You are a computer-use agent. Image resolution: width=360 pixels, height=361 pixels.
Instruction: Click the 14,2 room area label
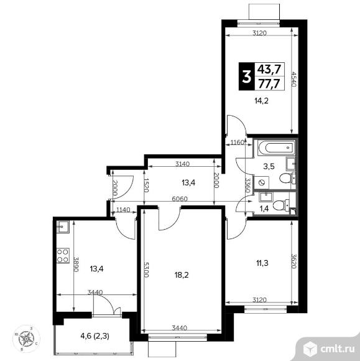click(x=262, y=101)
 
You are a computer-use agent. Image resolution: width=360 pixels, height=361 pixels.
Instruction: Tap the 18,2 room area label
click(x=182, y=274)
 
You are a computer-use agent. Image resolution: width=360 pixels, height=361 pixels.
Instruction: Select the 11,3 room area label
click(x=262, y=263)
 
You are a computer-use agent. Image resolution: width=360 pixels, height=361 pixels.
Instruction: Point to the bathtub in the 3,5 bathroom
click(x=276, y=147)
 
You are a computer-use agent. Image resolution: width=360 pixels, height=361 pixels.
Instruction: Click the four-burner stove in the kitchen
click(x=63, y=255)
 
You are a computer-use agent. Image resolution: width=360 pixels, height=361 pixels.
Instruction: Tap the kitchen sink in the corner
click(x=63, y=227)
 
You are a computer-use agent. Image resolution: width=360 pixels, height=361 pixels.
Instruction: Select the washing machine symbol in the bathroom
click(x=262, y=182)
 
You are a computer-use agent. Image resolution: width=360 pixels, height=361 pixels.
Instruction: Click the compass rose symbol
click(x=26, y=339)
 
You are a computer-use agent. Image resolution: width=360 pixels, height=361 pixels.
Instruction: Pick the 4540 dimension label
click(x=293, y=79)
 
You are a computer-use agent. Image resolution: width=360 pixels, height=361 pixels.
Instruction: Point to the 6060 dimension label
click(x=180, y=199)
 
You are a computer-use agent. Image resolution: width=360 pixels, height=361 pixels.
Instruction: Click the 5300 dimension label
click(x=147, y=270)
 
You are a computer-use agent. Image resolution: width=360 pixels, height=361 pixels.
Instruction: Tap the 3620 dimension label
click(x=293, y=261)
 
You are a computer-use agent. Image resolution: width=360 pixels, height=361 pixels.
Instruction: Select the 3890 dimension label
click(x=76, y=264)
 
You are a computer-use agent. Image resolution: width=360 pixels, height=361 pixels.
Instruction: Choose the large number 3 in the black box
click(x=247, y=77)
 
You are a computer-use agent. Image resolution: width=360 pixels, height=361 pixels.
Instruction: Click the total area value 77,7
click(x=269, y=83)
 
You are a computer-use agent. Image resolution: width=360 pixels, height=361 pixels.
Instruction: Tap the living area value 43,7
click(x=269, y=69)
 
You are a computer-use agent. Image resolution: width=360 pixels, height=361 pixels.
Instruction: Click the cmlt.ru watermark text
click(x=338, y=349)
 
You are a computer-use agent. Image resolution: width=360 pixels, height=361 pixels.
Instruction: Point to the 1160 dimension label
click(x=237, y=143)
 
